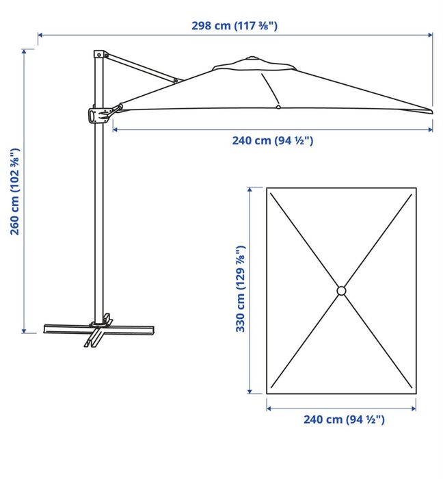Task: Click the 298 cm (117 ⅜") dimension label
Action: coord(234,26)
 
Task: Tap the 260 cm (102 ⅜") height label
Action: coord(15,192)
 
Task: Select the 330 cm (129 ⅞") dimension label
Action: coord(241,288)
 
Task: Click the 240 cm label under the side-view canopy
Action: coord(273,140)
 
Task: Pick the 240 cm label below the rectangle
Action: coord(344,419)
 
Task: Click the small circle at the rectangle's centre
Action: coord(341,291)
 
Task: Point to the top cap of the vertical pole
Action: coord(98,54)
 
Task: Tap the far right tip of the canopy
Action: coord(432,111)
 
